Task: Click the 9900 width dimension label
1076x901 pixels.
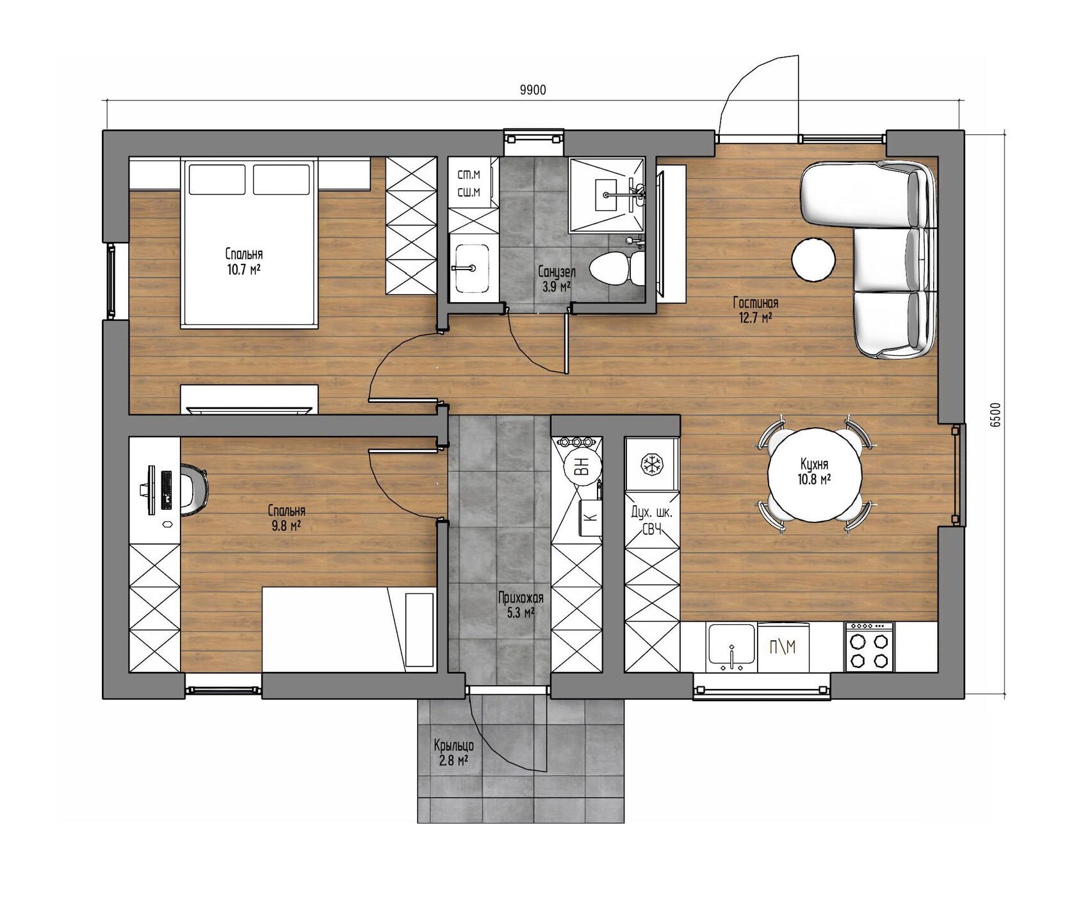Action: pos(533,90)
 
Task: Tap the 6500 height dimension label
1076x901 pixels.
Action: pos(995,414)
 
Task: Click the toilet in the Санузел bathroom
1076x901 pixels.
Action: pos(617,268)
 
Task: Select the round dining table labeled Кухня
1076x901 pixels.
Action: pos(815,475)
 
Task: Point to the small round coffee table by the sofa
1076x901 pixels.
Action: pos(813,259)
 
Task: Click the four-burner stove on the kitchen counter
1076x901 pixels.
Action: pos(869,646)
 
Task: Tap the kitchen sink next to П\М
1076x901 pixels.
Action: pos(731,647)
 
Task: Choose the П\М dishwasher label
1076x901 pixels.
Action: pos(783,647)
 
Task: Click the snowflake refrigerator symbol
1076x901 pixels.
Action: pos(651,464)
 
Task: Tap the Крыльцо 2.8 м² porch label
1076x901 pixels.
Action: pos(453,753)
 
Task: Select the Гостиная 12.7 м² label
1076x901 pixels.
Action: pos(756,310)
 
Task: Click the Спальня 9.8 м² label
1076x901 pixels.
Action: pos(286,518)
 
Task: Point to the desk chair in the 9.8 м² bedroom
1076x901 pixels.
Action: pos(193,491)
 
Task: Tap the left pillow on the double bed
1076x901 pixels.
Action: pos(216,179)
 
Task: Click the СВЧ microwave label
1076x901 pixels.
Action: pos(651,529)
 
